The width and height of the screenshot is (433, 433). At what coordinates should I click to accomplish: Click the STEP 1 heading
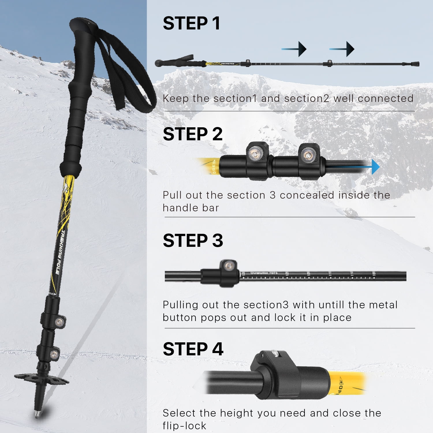pos(191,23)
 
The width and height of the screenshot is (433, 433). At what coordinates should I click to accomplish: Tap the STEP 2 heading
pos(193,134)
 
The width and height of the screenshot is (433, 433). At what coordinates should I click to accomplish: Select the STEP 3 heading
pos(193,241)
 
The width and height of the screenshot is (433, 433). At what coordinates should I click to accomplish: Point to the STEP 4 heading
pos(193,349)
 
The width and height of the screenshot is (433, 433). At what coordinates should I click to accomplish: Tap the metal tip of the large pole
pos(37,414)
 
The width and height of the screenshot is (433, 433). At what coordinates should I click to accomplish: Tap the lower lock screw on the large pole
pos(54,354)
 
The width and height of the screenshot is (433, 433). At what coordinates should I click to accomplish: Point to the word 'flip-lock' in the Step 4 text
pos(184,426)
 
